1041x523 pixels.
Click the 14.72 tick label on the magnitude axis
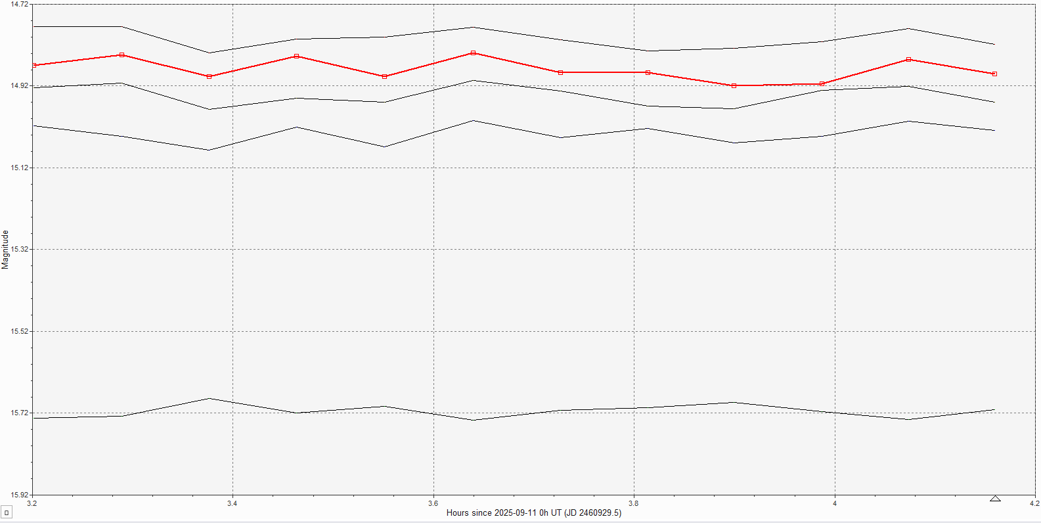(x=19, y=5)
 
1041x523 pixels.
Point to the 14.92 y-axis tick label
(x=19, y=85)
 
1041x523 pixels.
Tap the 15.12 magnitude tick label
(x=19, y=168)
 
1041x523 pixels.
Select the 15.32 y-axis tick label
(x=19, y=249)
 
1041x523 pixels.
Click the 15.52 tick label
(x=19, y=331)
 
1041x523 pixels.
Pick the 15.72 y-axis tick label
(x=19, y=413)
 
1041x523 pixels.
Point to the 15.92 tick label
(x=19, y=495)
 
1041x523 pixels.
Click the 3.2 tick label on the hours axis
(x=32, y=503)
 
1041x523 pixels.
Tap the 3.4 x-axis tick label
(x=233, y=503)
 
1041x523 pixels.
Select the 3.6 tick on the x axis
(x=433, y=503)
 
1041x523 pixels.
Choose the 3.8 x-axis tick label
(x=634, y=503)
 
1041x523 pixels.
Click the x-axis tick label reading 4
(x=835, y=503)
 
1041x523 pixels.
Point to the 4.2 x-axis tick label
(x=1034, y=503)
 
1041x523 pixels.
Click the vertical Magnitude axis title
(x=5, y=250)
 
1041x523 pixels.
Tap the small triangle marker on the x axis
(x=995, y=499)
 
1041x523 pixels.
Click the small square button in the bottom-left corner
(x=7, y=512)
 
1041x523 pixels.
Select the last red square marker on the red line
(x=994, y=74)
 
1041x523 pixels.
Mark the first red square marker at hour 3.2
(x=33, y=66)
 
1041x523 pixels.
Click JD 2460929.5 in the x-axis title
(x=594, y=513)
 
